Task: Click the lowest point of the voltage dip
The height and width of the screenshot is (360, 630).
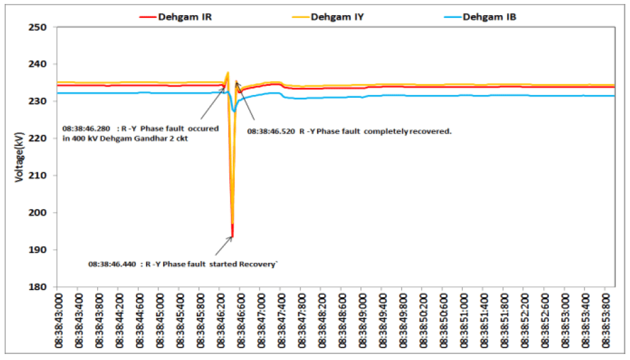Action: tap(232, 236)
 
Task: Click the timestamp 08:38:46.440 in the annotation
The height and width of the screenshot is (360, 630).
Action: tap(113, 264)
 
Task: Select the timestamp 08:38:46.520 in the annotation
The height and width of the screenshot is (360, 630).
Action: tap(271, 131)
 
